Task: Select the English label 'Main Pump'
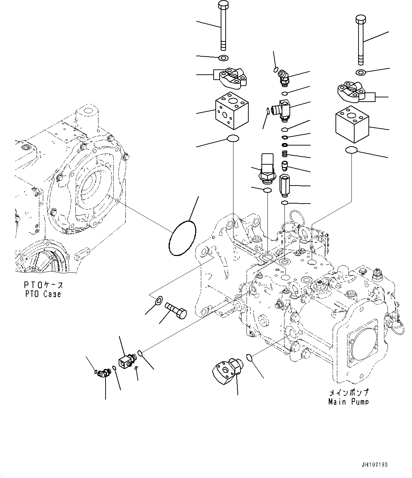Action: [x=348, y=402]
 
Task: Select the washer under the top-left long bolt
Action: [x=224, y=58]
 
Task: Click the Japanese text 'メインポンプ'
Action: [x=349, y=392]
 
